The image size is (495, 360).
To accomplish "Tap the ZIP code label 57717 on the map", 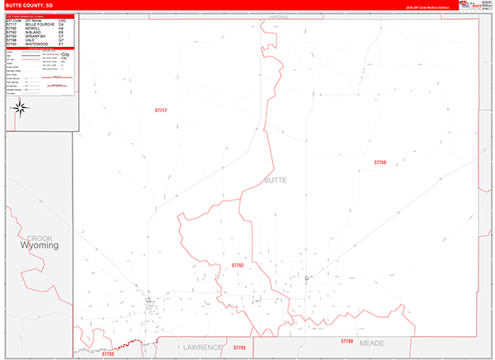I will [x=161, y=111].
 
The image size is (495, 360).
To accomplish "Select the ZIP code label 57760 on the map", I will [x=379, y=163].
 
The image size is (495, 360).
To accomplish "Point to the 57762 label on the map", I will [x=238, y=265].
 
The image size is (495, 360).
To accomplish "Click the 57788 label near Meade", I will [x=346, y=341].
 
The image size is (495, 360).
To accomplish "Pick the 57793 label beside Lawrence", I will [x=239, y=348].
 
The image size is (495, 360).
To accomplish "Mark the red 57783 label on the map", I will [x=108, y=353].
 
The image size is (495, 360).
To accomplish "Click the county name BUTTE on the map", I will [x=276, y=179].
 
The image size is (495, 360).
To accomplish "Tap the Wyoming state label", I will [x=40, y=245].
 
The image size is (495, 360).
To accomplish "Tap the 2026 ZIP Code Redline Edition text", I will [x=427, y=7].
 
